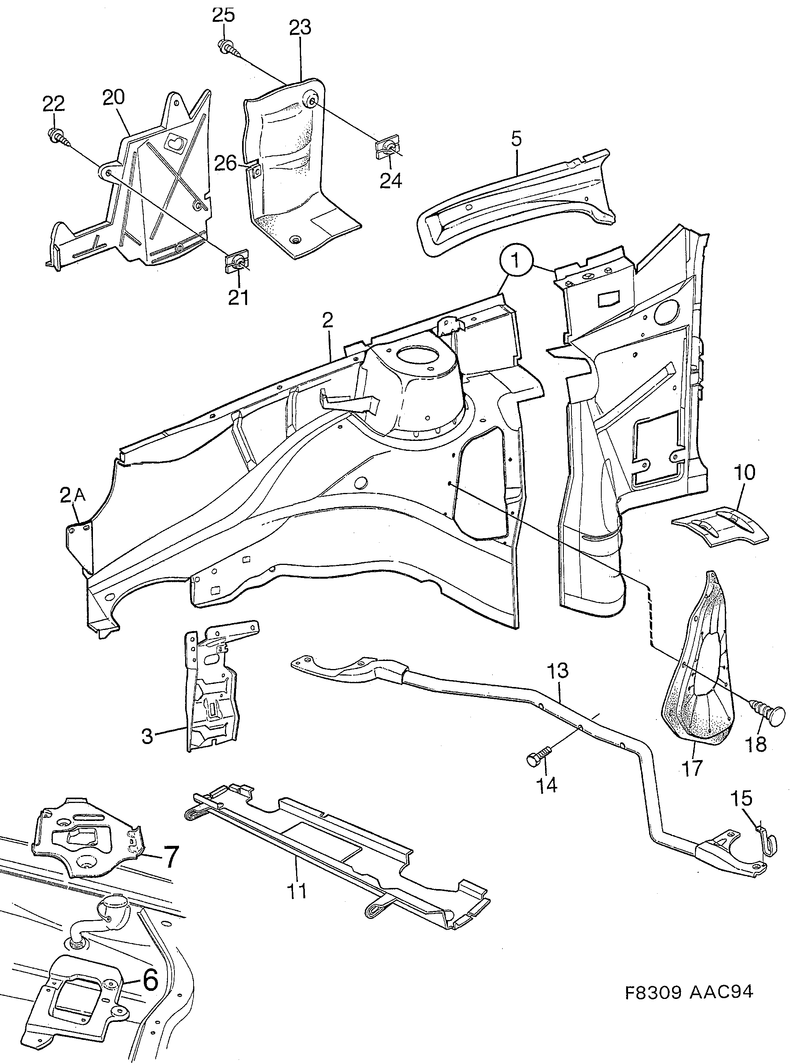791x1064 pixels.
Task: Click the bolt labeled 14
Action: coord(536,759)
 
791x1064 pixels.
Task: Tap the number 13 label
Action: coord(558,670)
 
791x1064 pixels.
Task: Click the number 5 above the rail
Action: coord(516,139)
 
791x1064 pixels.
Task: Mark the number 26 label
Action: coord(225,164)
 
